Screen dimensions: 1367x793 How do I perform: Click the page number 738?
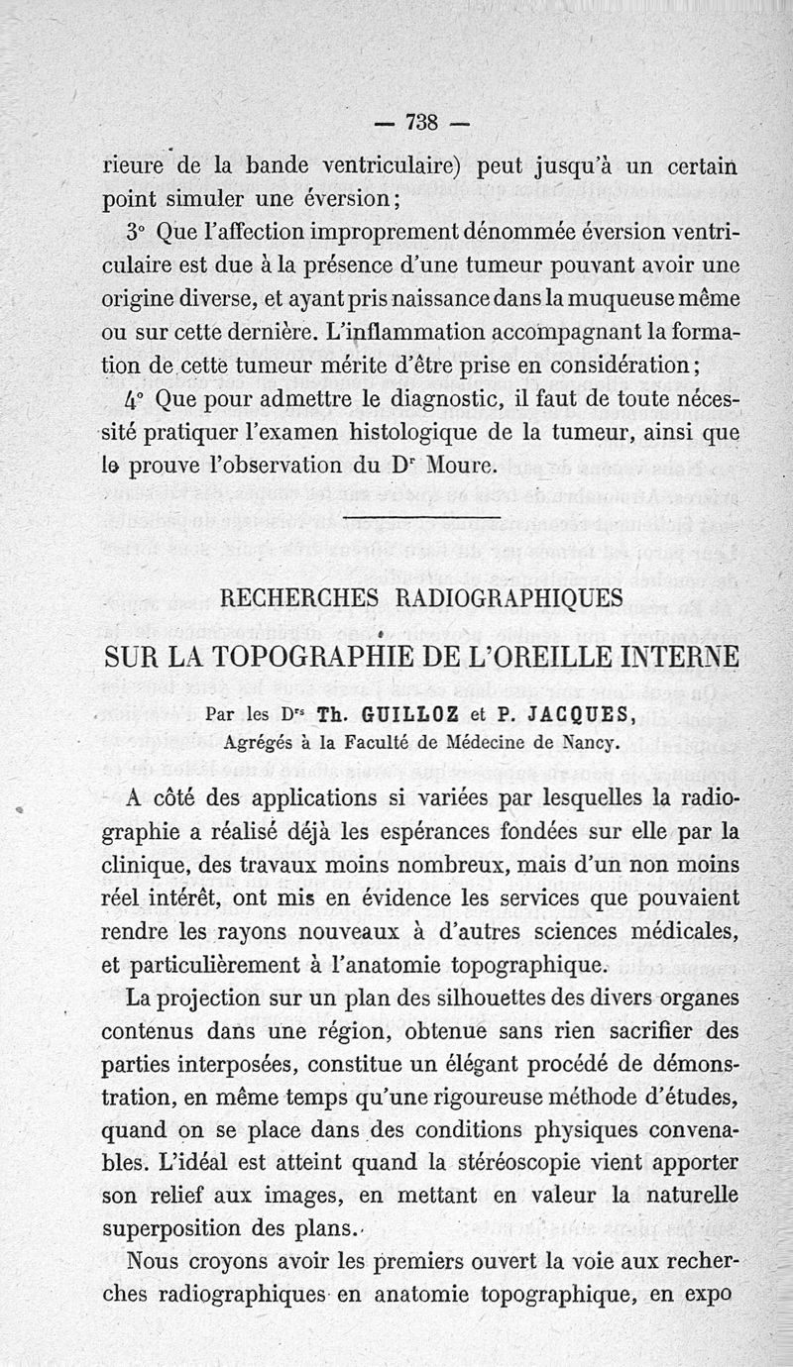[x=422, y=124]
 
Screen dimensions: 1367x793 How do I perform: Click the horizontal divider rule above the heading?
[x=421, y=517]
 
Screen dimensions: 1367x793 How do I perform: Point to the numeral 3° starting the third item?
[x=136, y=234]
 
